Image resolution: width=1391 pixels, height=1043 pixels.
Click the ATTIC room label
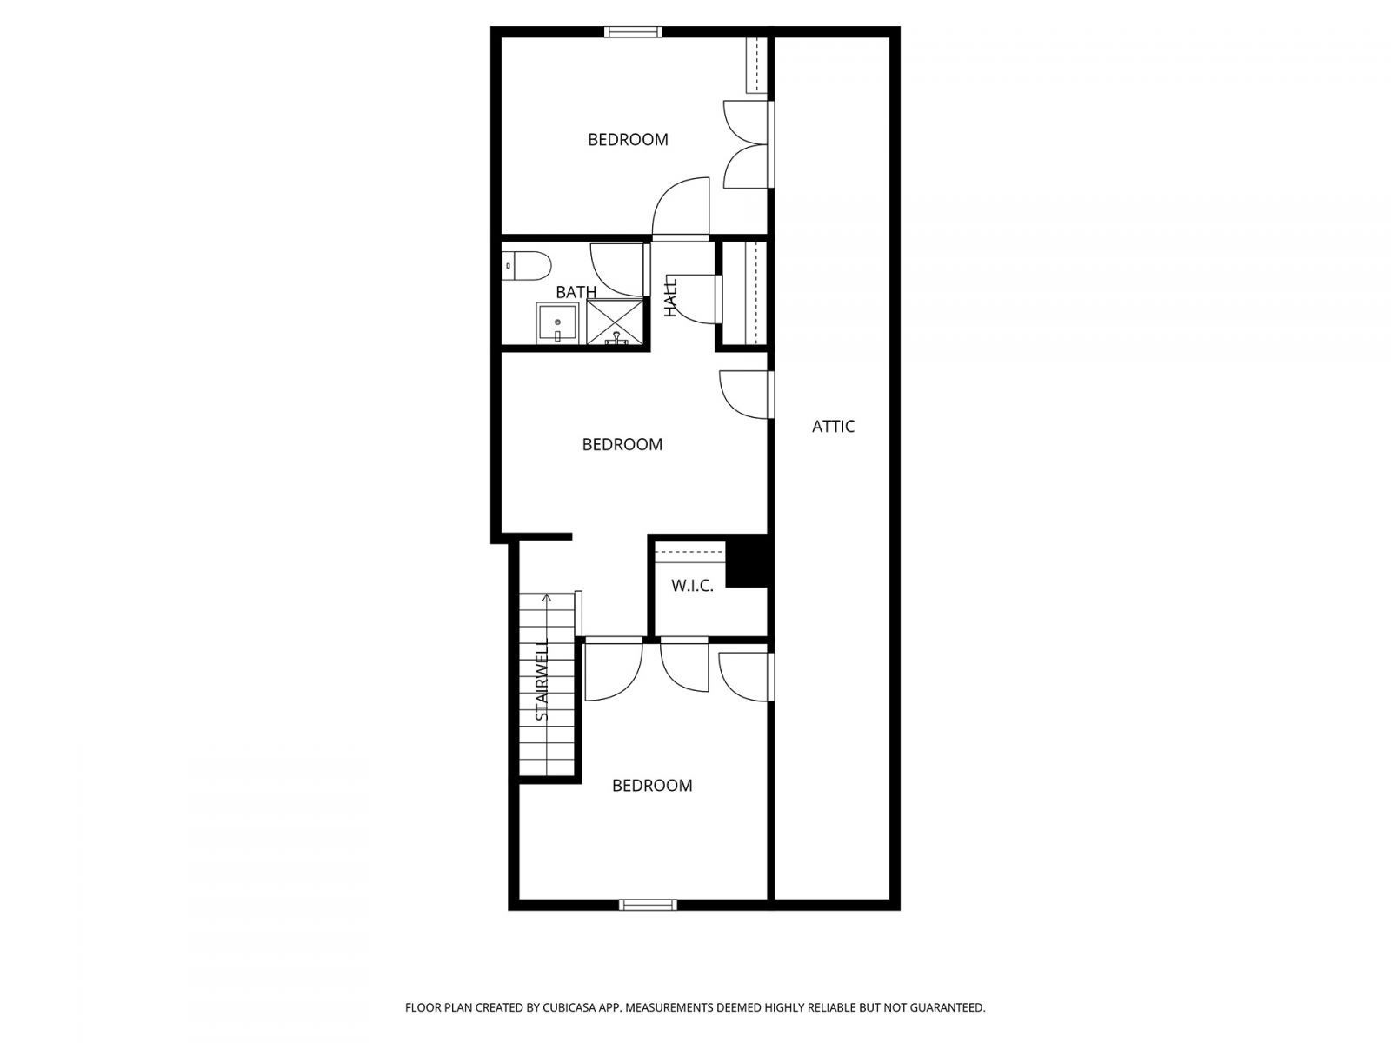coord(833,427)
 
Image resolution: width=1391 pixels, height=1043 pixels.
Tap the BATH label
coord(576,292)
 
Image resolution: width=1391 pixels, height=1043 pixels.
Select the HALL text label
coord(670,296)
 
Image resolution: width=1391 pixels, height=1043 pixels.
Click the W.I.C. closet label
coord(692,586)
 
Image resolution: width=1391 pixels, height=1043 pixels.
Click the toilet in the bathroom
coord(526,265)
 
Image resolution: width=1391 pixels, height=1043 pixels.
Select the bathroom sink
coord(556,323)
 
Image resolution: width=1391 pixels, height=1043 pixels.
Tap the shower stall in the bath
coord(616,322)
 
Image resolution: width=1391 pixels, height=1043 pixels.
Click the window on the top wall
coord(633,32)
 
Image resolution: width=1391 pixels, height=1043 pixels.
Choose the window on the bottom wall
coord(648,905)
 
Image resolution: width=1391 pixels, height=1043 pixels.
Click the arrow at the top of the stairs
coord(547,599)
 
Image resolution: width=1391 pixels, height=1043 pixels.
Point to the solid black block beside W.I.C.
coord(748,562)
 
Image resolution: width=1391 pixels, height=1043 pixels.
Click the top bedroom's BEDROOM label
coord(628,140)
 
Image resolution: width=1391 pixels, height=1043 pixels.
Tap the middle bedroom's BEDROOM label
coord(622,445)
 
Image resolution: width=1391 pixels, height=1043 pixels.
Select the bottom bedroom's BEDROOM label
coord(652,786)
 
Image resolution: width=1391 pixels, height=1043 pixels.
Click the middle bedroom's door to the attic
coord(744,395)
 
